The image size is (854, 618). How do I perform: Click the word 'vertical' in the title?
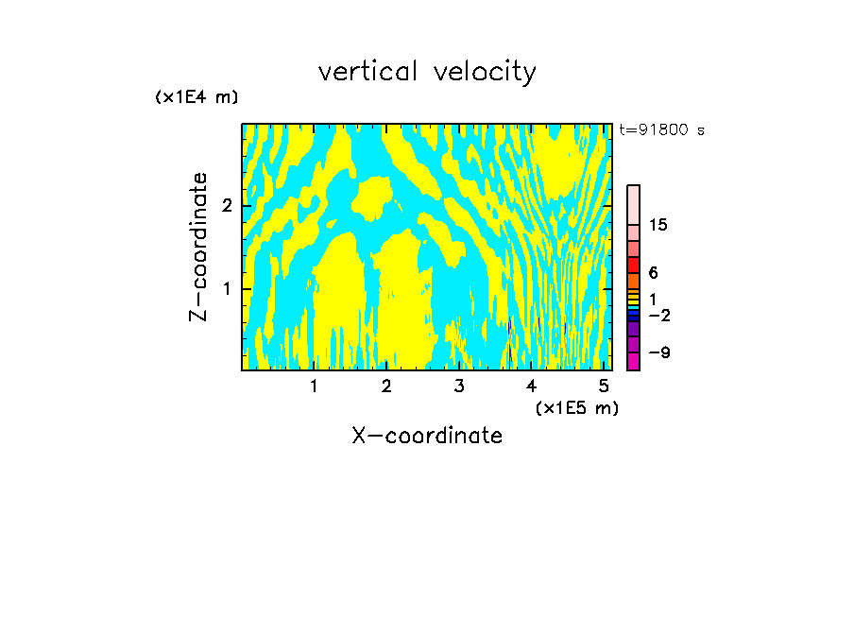(367, 72)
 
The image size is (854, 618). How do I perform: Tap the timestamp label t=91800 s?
(661, 130)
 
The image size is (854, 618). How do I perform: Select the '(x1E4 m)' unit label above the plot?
(196, 96)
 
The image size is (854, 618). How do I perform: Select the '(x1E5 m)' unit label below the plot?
(576, 407)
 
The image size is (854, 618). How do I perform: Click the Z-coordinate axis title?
(198, 247)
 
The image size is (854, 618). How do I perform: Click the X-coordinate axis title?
(427, 436)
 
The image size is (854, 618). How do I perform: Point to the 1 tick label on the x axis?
(315, 386)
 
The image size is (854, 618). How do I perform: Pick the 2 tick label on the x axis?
(386, 386)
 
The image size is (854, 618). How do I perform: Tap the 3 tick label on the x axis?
(459, 386)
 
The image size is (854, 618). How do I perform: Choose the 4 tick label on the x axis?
(531, 386)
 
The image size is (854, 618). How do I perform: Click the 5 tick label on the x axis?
(603, 386)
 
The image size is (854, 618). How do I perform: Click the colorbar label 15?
(658, 225)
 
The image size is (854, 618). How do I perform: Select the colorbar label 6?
(653, 272)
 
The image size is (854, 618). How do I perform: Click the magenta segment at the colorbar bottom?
(633, 362)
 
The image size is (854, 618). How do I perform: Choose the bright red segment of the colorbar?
(633, 265)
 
